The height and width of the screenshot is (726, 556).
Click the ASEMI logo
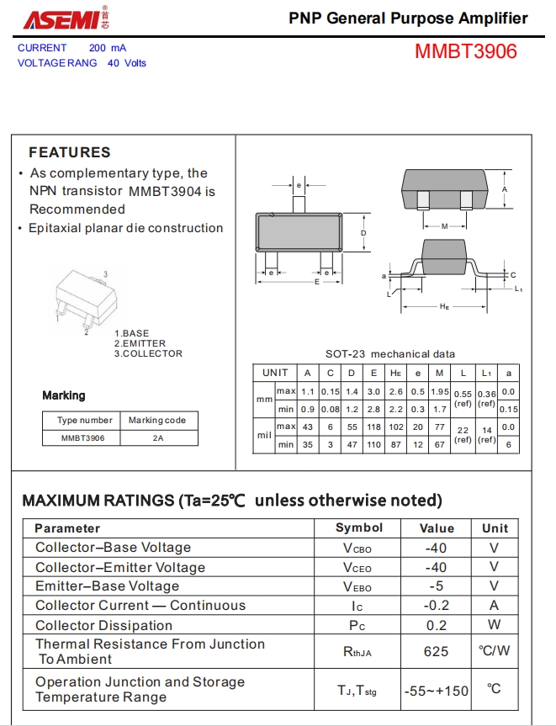[x=66, y=19]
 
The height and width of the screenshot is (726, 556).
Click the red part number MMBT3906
[x=465, y=51]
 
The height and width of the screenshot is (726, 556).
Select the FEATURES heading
[x=70, y=152]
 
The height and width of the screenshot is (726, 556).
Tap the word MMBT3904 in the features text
[x=165, y=191]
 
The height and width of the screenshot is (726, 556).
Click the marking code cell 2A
[x=158, y=438]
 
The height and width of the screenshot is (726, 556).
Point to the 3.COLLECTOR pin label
[x=148, y=353]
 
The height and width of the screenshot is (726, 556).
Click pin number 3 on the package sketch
[x=105, y=274]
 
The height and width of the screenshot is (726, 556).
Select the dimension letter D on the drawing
[x=363, y=233]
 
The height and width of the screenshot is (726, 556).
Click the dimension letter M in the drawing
[x=444, y=226]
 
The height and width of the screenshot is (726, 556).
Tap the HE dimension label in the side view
[x=444, y=306]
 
